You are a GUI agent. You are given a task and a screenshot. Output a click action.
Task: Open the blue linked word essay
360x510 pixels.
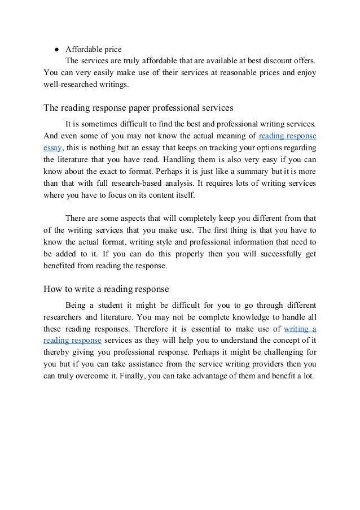[52, 148]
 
